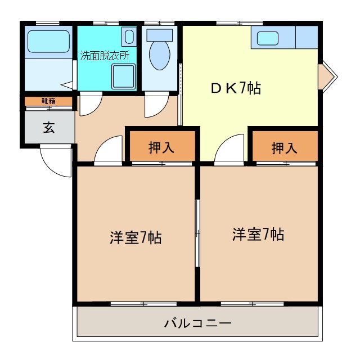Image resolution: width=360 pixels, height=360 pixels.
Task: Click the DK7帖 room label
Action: (235, 88)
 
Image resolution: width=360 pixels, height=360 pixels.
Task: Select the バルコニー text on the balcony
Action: (197, 323)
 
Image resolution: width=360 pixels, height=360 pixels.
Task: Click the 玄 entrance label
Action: (49, 127)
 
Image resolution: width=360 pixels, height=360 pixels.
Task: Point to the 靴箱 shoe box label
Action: (48, 101)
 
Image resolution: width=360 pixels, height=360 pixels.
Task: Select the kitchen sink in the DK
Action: (268, 39)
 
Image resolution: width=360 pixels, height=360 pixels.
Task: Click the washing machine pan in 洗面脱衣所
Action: (123, 76)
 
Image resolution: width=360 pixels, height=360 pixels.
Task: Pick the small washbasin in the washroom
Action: (129, 38)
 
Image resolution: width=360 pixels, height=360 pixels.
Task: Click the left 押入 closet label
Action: (161, 147)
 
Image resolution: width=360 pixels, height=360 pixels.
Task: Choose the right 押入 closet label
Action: (284, 147)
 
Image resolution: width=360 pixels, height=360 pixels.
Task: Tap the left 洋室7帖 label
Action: (136, 237)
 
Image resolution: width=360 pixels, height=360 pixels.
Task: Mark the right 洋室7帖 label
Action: (258, 233)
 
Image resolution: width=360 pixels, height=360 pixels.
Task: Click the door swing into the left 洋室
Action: (109, 151)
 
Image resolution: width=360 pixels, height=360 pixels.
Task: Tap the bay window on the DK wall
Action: (326, 76)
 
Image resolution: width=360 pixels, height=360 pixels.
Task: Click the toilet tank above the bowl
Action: (160, 34)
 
